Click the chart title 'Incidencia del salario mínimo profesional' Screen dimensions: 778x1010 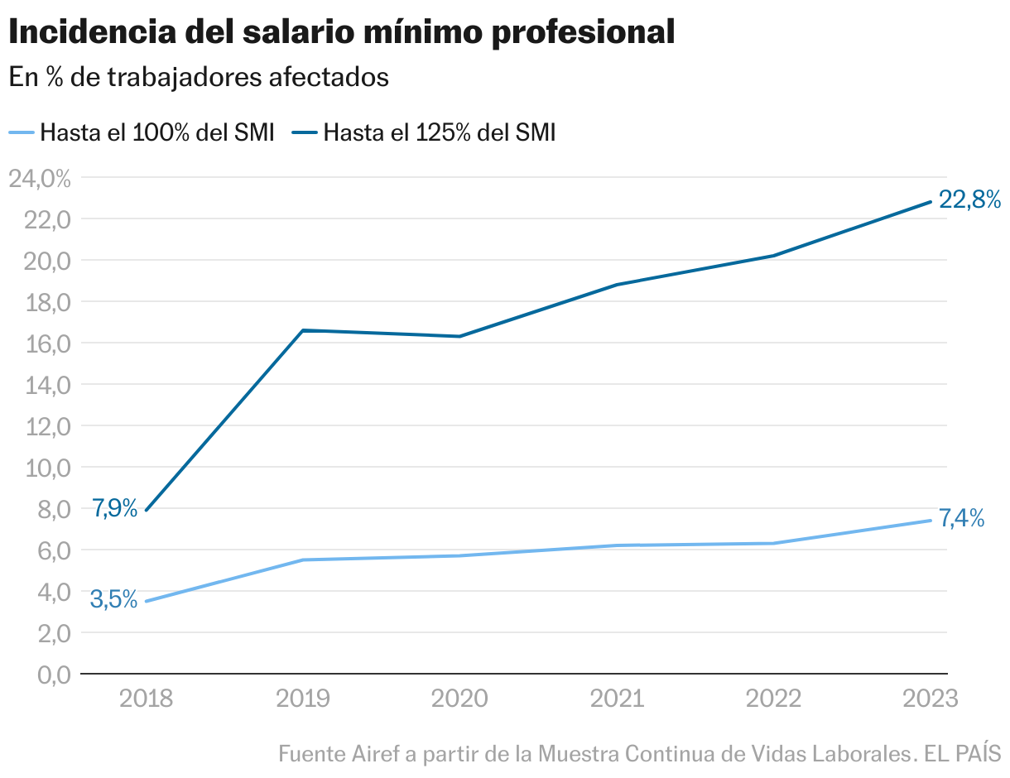(x=341, y=32)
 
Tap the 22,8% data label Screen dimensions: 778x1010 (x=969, y=199)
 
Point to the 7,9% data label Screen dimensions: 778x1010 (x=114, y=508)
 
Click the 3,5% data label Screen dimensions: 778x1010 (x=113, y=599)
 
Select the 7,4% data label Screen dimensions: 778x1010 (x=961, y=519)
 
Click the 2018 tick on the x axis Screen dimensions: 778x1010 (x=146, y=699)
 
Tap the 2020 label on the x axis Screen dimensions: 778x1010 (x=459, y=699)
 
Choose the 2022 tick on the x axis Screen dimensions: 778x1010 (x=773, y=699)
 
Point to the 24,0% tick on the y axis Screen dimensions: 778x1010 (x=39, y=178)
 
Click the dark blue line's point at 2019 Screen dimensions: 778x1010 (x=303, y=330)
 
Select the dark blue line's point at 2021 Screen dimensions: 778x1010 (x=617, y=285)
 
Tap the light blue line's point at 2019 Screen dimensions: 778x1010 (x=303, y=559)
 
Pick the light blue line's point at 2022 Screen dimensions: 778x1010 (x=773, y=543)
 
